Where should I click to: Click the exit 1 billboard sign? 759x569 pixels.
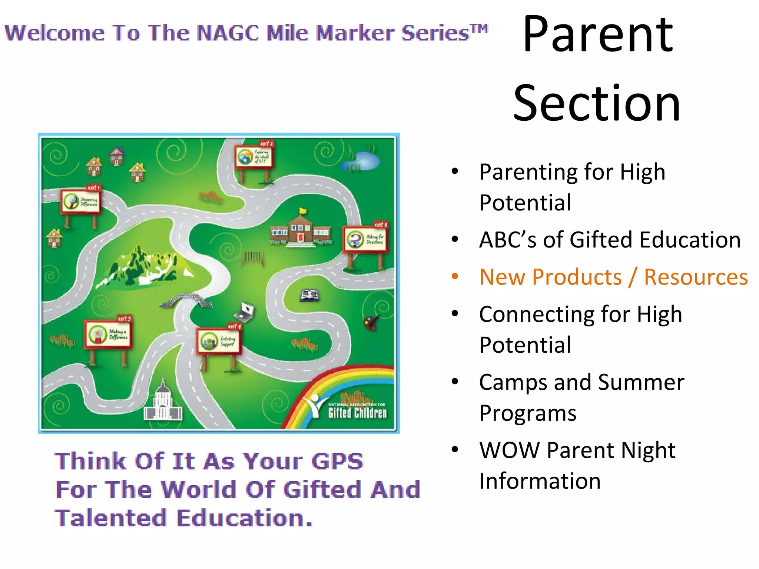pos(81,202)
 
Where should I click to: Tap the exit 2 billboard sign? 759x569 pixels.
pos(254,157)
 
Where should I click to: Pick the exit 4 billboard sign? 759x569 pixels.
pos(219,341)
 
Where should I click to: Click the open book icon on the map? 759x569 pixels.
pos(309,295)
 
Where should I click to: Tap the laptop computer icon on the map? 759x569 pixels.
pos(245,311)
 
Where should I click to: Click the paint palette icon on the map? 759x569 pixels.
pos(371,322)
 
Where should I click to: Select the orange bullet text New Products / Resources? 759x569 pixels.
pos(613,277)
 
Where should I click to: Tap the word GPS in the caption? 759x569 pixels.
pos(337,461)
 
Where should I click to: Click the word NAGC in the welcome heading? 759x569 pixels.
pos(228,33)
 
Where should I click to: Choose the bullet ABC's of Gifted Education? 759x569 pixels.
pos(610,240)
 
